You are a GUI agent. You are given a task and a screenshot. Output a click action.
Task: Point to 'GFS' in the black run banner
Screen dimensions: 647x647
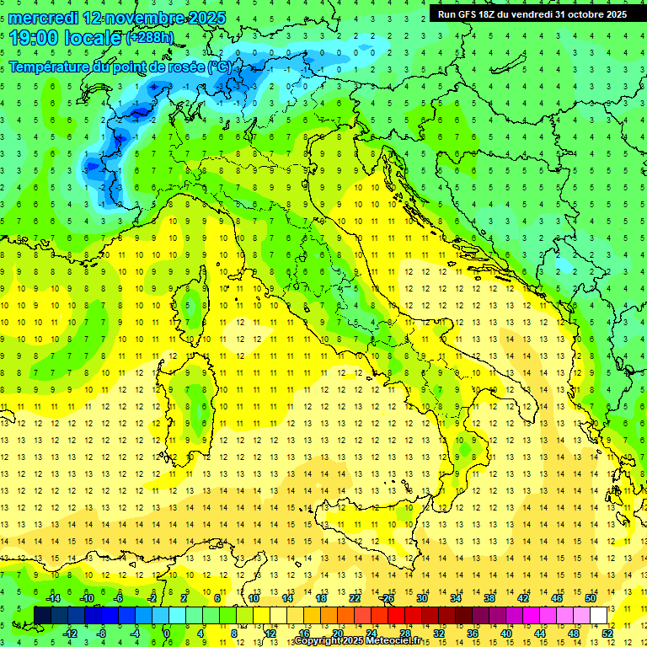tap(472, 14)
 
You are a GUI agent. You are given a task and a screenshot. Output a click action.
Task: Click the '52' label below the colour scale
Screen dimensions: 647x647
tap(607, 633)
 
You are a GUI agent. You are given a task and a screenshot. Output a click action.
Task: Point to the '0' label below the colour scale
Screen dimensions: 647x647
tap(167, 633)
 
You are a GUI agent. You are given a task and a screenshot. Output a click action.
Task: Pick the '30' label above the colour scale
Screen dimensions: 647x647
tap(421, 598)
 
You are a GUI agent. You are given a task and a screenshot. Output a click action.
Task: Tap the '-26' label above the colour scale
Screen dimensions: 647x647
tap(387, 598)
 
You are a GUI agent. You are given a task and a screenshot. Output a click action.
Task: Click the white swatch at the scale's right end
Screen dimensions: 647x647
tap(599, 615)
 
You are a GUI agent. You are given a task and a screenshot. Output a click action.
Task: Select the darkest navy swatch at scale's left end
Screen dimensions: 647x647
tap(42, 615)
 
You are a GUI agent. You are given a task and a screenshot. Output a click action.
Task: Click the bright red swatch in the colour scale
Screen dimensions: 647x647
tap(396, 615)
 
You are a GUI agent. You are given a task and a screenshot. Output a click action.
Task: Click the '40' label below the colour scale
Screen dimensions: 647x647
tap(505, 633)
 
